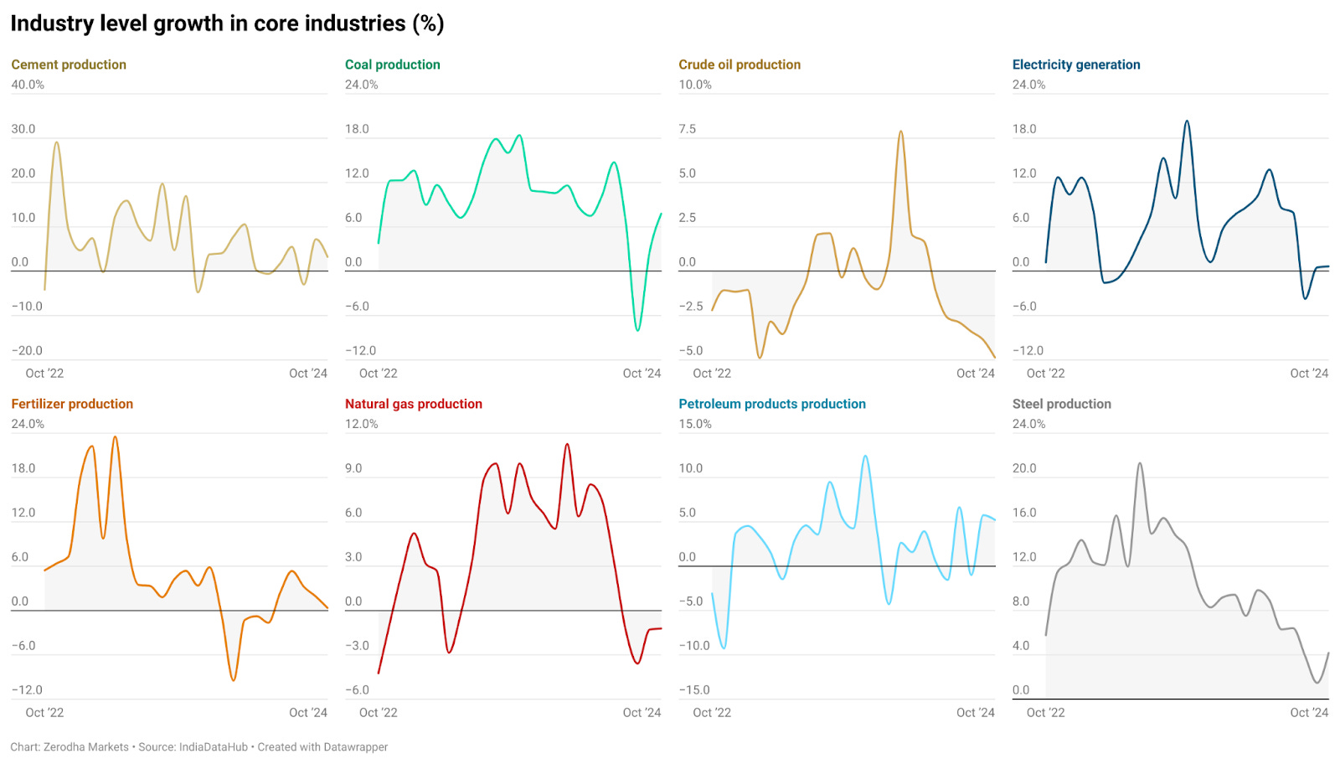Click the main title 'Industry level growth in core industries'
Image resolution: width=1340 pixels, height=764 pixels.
(x=226, y=23)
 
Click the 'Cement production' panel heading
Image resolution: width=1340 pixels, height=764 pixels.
(x=69, y=65)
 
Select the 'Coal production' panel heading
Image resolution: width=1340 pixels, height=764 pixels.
(x=392, y=65)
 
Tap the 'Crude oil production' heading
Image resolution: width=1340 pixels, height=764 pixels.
(x=739, y=65)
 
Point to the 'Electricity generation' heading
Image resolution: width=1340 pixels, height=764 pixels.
(x=1075, y=65)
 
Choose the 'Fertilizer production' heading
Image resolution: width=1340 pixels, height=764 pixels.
(x=72, y=404)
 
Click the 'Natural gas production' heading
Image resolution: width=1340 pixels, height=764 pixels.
(x=413, y=404)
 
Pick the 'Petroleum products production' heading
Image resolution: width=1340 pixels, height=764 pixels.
(x=771, y=404)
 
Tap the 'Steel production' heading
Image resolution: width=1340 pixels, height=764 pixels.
(x=1061, y=404)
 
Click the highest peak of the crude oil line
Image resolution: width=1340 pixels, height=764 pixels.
(x=900, y=132)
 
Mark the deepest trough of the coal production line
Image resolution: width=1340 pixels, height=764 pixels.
(x=637, y=330)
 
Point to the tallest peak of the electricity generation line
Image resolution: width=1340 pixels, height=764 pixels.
(x=1187, y=121)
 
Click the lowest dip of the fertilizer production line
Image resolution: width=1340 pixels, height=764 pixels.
(x=233, y=679)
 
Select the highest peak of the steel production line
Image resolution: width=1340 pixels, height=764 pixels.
(x=1140, y=463)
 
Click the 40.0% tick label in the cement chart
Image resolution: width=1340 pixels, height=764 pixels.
(x=28, y=85)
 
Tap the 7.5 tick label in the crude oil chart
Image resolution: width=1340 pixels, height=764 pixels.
(x=687, y=129)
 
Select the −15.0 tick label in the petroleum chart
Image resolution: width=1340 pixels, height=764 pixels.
(x=693, y=690)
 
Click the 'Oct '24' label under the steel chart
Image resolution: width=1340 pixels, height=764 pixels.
(x=1309, y=713)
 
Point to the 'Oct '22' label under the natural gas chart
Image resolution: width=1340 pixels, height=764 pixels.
(x=378, y=713)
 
